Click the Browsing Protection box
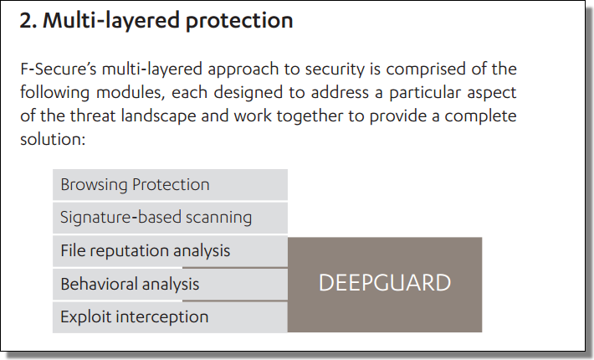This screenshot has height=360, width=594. tap(170, 184)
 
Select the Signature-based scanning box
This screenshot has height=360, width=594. tap(170, 218)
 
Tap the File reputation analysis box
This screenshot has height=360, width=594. tap(170, 250)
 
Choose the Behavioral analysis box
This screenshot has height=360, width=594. tap(170, 284)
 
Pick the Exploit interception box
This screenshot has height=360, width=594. tap(170, 316)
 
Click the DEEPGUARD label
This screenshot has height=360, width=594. tap(384, 283)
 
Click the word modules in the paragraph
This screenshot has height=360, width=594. tap(119, 92)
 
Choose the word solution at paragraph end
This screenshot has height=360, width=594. tap(51, 139)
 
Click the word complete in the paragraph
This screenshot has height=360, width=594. tap(484, 116)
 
